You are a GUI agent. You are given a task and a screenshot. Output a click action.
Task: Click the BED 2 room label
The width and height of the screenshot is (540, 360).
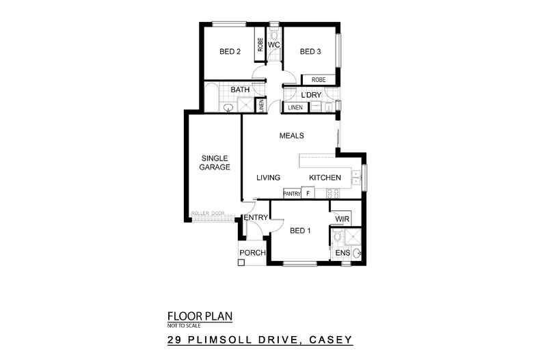[230, 51]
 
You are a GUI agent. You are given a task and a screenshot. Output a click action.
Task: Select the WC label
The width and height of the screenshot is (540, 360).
[273, 45]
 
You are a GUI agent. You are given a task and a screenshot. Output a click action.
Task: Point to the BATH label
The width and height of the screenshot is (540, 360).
[239, 89]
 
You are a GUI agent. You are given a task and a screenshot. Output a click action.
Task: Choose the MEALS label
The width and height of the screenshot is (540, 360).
[291, 135]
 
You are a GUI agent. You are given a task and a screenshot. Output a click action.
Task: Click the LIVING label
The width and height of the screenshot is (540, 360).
[269, 178]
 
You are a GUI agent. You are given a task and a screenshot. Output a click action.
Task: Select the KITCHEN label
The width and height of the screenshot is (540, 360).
[325, 178]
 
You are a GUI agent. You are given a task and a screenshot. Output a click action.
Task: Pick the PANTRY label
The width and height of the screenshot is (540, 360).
[292, 193]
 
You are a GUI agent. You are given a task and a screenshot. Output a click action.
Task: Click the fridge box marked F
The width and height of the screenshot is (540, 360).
[308, 193]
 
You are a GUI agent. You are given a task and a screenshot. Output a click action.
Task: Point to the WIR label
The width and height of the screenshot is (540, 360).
[341, 219]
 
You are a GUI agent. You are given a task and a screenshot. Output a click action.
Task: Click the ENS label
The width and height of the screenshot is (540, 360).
[341, 253]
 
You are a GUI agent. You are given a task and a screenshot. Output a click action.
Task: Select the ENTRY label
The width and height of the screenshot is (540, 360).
[255, 218]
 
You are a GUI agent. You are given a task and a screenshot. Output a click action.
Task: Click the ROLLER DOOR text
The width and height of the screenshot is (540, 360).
[208, 213]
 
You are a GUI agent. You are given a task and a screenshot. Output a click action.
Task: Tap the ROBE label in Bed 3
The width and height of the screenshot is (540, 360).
[319, 80]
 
